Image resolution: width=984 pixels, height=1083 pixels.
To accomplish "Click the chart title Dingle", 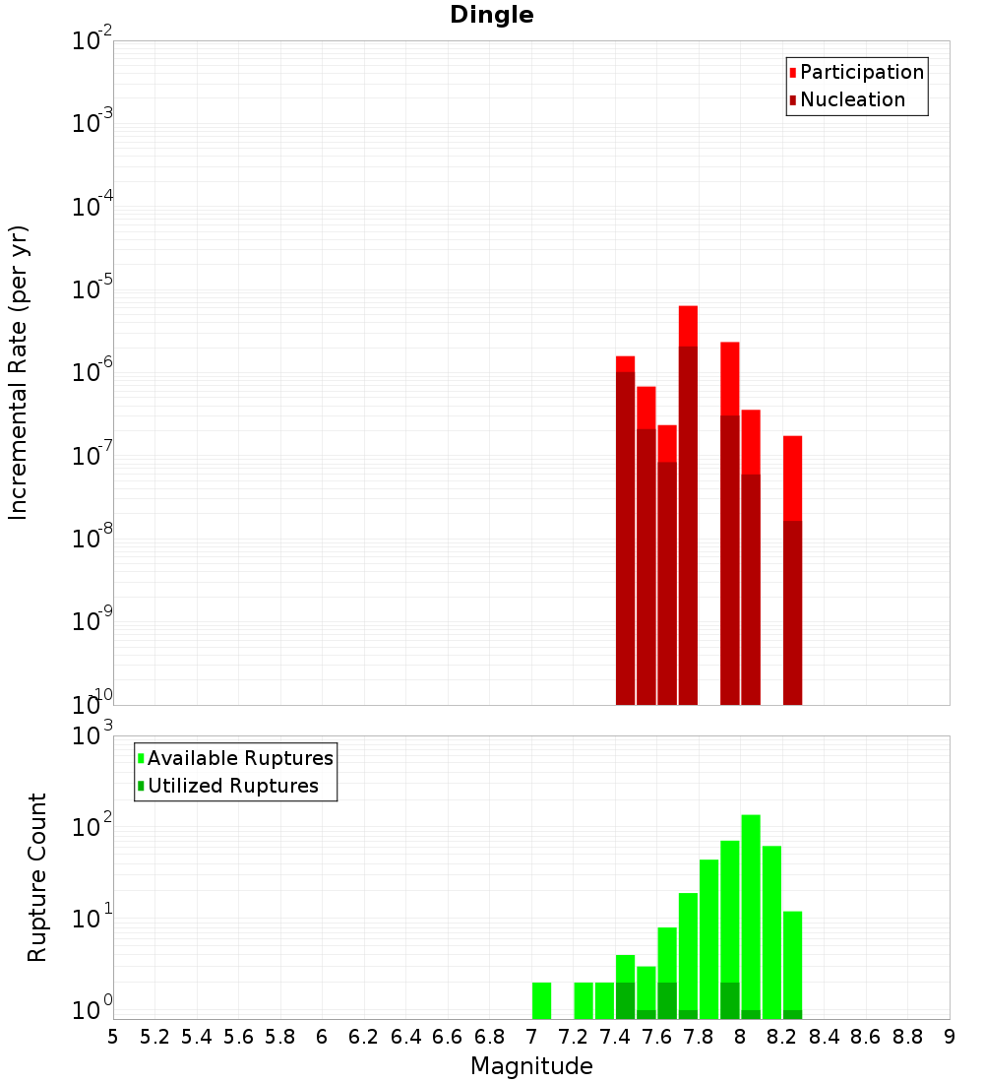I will [x=492, y=16].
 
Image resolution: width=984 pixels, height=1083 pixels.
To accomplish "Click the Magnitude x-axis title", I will [x=531, y=1066].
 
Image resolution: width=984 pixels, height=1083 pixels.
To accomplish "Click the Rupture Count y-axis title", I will [x=37, y=876].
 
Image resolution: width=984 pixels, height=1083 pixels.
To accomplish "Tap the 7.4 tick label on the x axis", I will [x=615, y=1037].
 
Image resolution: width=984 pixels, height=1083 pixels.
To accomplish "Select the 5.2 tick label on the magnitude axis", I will [x=155, y=1037].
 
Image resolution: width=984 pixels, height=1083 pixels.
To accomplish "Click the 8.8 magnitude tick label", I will [x=907, y=1037].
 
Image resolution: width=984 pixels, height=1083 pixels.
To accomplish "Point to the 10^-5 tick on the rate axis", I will [x=92, y=289].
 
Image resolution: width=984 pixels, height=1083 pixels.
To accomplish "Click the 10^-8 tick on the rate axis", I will [x=92, y=539].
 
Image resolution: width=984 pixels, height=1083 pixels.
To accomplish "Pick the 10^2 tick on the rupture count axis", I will [x=92, y=827].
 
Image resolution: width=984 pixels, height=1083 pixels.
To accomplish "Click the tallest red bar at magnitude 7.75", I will [x=688, y=325].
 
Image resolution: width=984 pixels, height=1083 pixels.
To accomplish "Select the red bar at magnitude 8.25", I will [x=792, y=478].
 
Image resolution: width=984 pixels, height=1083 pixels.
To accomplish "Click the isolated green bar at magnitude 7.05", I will [x=541, y=1000].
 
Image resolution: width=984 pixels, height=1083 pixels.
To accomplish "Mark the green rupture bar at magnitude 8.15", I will [x=771, y=925].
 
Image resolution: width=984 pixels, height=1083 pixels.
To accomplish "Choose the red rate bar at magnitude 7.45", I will [x=625, y=363].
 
